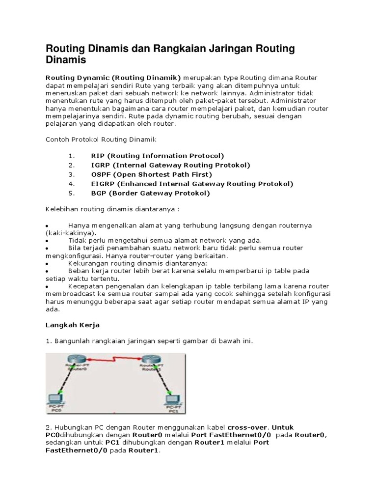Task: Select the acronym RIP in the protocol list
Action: click(99, 156)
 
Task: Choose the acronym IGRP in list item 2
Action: click(101, 165)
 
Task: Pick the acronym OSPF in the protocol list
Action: click(102, 174)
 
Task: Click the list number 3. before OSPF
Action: click(72, 174)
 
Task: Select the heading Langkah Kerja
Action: click(73, 325)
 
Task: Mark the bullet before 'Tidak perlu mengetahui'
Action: click(47, 241)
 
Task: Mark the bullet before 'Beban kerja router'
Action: click(47, 271)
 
